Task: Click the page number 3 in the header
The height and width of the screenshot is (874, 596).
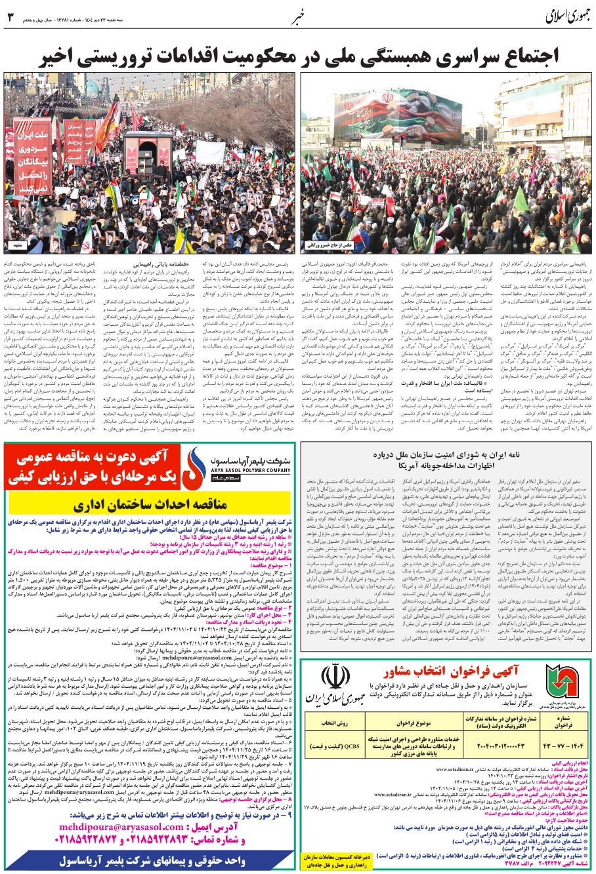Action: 10,17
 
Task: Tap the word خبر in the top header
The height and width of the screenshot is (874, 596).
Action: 298,17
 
